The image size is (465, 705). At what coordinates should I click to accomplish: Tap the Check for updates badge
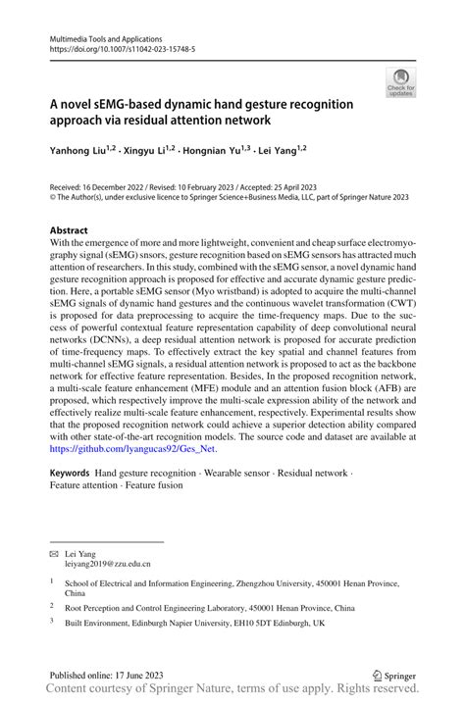coord(401,83)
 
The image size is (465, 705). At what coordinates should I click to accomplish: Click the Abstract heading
coord(69,231)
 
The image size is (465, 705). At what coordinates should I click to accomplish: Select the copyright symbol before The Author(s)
coord(54,197)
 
